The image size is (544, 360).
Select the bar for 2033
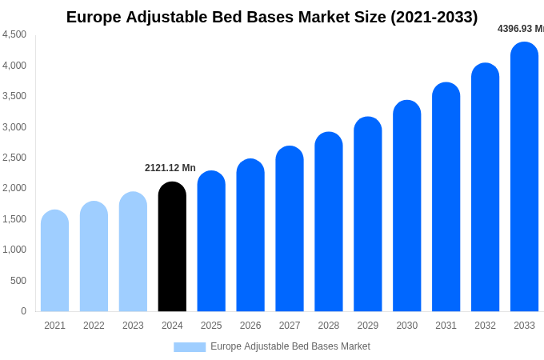pyautogui.click(x=524, y=177)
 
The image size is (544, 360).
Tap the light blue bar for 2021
pyautogui.click(x=54, y=261)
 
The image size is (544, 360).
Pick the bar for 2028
pyautogui.click(x=328, y=222)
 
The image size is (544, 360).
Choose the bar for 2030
pyautogui.click(x=406, y=206)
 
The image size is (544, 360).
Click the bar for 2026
pyautogui.click(x=250, y=235)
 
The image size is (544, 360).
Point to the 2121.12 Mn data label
pyautogui.click(x=170, y=168)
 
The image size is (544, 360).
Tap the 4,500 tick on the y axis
pyautogui.click(x=14, y=34)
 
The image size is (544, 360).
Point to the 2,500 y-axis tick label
pyautogui.click(x=14, y=158)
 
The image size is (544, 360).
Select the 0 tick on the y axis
pyautogui.click(x=23, y=311)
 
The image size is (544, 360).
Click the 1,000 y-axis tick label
pyautogui.click(x=14, y=250)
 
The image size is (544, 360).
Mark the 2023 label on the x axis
pyautogui.click(x=133, y=326)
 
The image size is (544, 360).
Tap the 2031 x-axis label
pyautogui.click(x=446, y=326)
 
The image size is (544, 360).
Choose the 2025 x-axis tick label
pyautogui.click(x=211, y=326)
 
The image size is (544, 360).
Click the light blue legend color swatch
pyautogui.click(x=190, y=347)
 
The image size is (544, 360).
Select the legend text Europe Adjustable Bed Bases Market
pyautogui.click(x=290, y=346)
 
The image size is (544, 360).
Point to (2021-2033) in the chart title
pyautogui.click(x=434, y=17)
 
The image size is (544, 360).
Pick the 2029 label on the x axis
pyautogui.click(x=367, y=326)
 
